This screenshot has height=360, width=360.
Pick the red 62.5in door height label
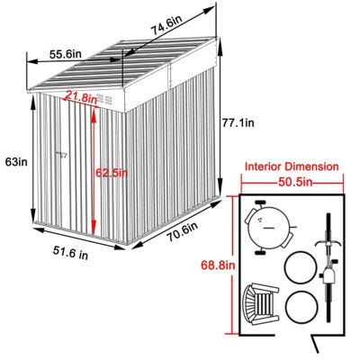coord(112,172)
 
